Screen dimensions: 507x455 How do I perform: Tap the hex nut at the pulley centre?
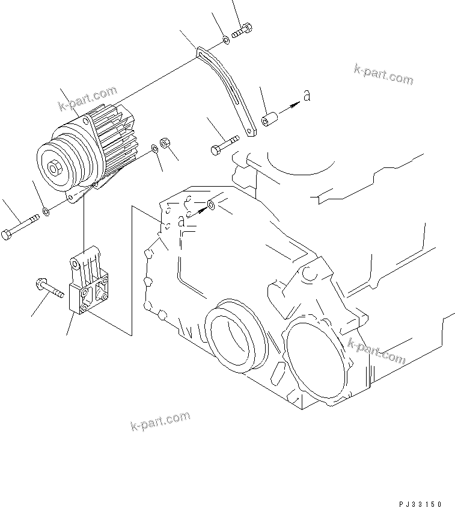click(56, 169)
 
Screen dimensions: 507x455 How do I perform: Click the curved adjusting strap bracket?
click(228, 90)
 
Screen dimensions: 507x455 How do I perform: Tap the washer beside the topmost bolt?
click(225, 40)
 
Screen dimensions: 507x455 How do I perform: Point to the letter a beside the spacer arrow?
click(307, 95)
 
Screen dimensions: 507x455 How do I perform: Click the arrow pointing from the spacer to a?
click(290, 107)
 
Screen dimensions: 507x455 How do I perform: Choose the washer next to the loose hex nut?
click(155, 148)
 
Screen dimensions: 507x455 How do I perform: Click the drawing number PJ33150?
click(418, 501)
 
